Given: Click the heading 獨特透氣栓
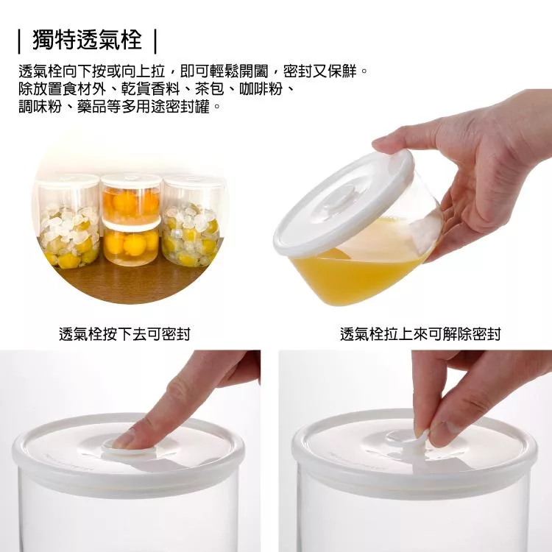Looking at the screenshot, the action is coord(87,40).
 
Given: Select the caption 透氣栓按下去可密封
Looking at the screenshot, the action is coord(124,334).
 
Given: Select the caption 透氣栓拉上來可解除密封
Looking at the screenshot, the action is coord(420,334).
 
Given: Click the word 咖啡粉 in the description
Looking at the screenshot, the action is coord(261,89).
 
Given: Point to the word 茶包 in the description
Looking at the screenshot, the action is coord(210,89).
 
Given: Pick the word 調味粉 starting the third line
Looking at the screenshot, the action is coord(40,106).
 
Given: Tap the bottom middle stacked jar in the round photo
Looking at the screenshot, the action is coord(131,244).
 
